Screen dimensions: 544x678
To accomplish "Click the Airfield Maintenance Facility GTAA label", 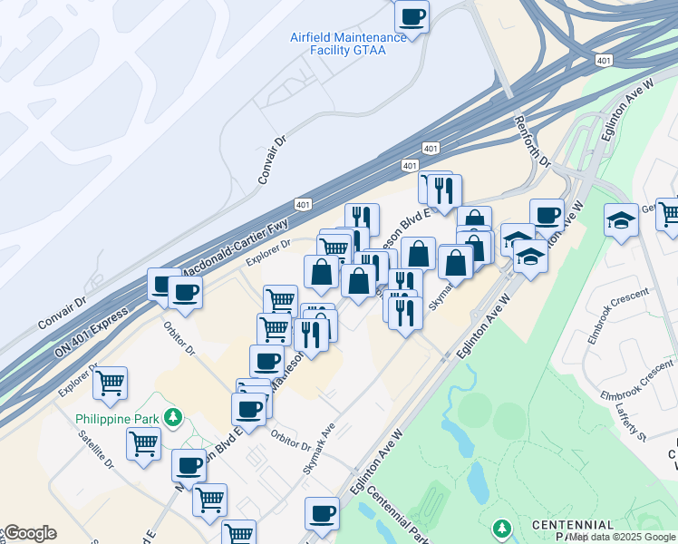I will [349, 44].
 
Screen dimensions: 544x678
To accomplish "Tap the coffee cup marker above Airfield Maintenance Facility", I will [412, 16].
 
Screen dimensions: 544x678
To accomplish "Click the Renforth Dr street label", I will [532, 141].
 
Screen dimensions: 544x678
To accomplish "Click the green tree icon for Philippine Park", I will [169, 418].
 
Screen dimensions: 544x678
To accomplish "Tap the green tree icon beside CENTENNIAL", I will [501, 527].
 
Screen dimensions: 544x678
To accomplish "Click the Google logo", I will [29, 533].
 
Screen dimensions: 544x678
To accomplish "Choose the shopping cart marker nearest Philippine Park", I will [143, 443].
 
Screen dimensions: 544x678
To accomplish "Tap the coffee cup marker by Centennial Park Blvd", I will [322, 513].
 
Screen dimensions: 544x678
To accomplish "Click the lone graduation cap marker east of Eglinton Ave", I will [622, 220].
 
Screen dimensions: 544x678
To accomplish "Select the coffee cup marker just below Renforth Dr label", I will [547, 215].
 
